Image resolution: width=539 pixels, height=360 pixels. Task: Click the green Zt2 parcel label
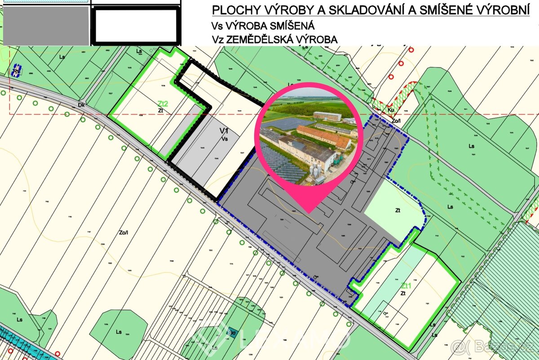coord(163,103)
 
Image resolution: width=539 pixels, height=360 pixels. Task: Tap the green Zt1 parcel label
coord(406,285)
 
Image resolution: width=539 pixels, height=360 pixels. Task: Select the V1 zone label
coord(224,131)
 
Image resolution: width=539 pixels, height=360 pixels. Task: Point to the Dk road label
coord(81,105)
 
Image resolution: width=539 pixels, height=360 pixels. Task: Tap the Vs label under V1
coord(225,139)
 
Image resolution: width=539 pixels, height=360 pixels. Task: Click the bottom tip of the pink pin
coord(309,212)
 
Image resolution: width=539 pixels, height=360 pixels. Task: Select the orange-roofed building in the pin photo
coord(323,136)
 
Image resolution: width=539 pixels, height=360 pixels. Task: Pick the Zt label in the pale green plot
coord(398,210)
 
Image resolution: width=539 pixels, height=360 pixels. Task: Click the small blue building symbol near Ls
coord(16,71)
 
